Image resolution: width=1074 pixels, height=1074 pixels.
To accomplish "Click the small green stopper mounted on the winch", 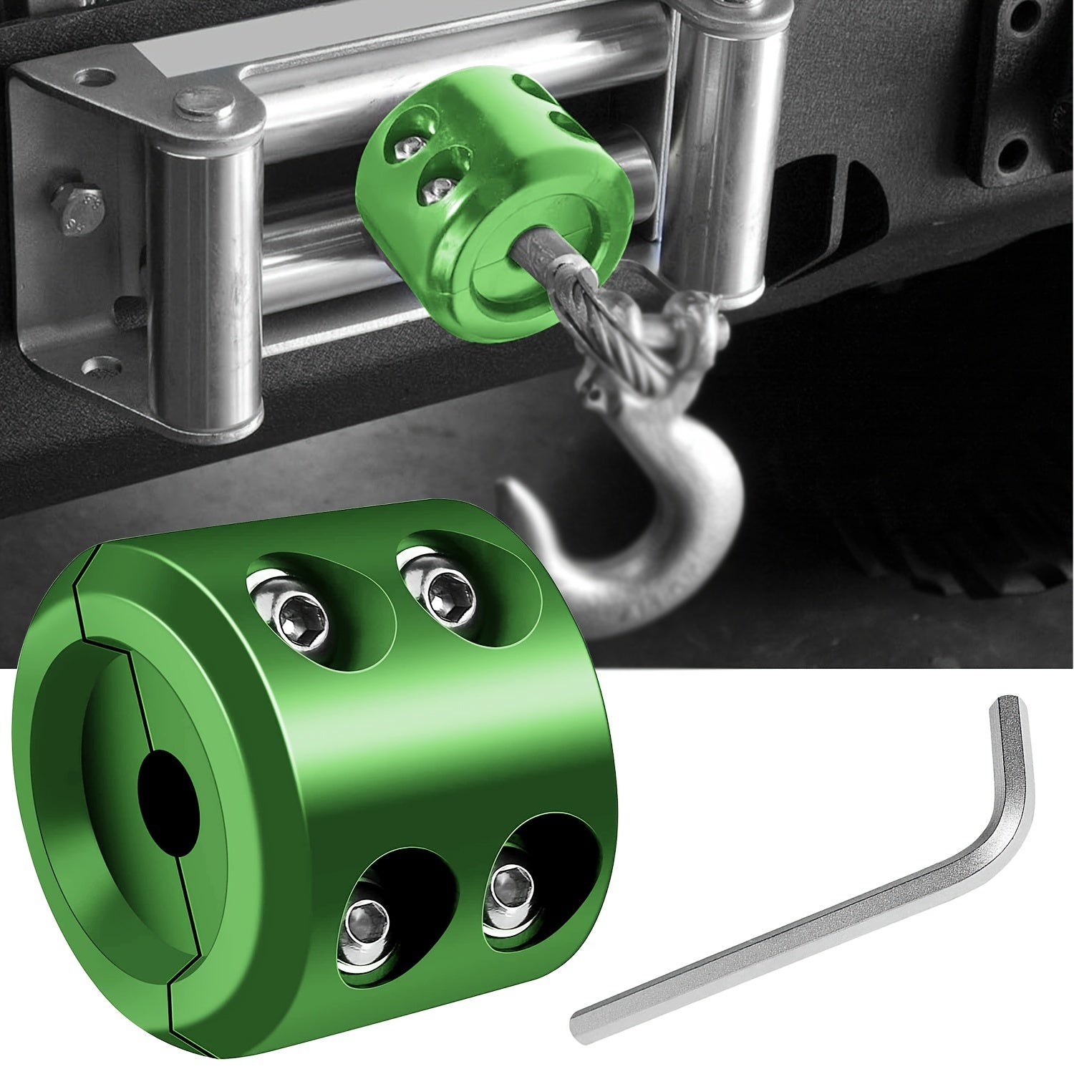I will click(x=494, y=193).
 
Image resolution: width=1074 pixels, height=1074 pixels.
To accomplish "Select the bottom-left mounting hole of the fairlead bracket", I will click(x=96, y=369).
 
